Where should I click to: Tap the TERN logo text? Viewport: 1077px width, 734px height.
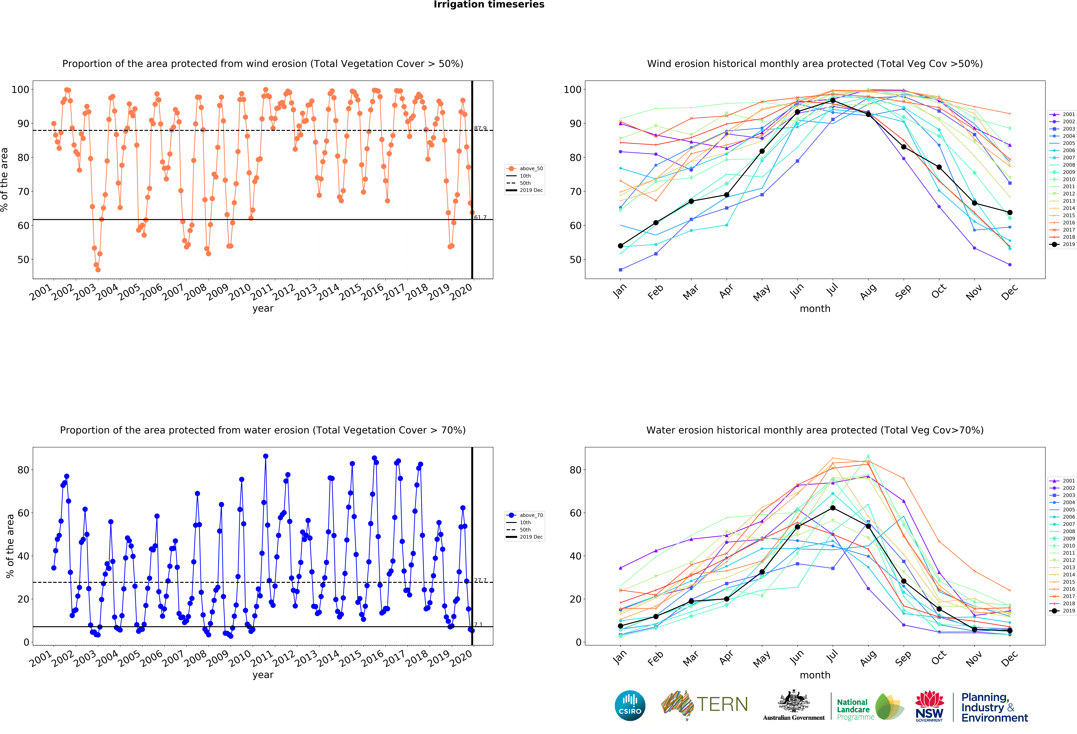click(722, 704)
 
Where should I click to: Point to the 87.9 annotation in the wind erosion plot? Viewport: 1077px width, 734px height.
click(480, 128)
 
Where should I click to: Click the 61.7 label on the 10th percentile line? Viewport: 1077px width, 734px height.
click(480, 217)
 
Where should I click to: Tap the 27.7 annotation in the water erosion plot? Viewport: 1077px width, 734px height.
click(480, 580)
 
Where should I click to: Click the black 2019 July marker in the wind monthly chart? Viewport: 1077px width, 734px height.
click(833, 101)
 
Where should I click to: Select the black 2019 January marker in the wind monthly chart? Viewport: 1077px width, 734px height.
click(620, 246)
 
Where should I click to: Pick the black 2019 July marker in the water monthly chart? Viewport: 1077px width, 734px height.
click(833, 508)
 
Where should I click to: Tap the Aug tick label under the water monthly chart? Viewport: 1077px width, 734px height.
click(868, 658)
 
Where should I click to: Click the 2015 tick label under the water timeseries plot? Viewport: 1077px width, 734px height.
click(350, 659)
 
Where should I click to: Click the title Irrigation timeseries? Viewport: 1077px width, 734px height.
click(489, 5)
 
